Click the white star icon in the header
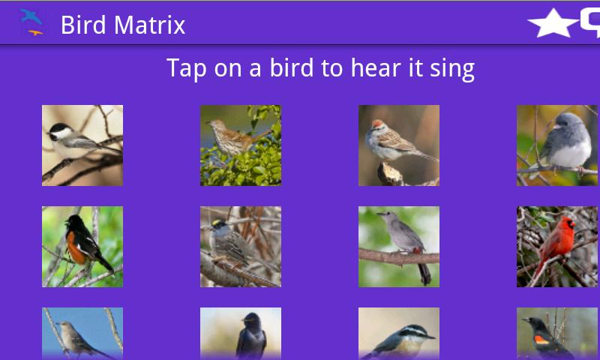(x=553, y=24)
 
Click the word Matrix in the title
(x=149, y=25)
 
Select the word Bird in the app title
(x=83, y=25)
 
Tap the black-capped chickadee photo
(x=82, y=145)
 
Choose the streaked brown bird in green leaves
(x=241, y=145)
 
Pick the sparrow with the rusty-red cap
(x=399, y=145)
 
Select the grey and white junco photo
(x=557, y=145)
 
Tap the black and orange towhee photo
(x=82, y=247)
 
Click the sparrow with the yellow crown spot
(x=241, y=247)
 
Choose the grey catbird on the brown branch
(x=399, y=247)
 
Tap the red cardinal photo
(x=557, y=247)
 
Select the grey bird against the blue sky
(x=82, y=334)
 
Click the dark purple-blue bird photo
(x=241, y=334)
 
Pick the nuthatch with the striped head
(x=399, y=334)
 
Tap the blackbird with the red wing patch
(x=557, y=334)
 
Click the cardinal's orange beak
(x=573, y=224)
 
